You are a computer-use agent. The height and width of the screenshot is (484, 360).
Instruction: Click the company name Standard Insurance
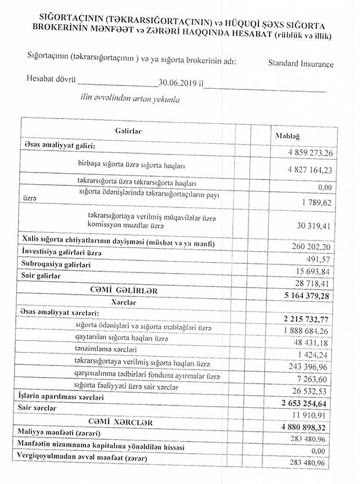301,63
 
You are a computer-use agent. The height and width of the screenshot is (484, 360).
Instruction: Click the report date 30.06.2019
178,83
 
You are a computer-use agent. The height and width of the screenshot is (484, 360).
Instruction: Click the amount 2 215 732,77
304,319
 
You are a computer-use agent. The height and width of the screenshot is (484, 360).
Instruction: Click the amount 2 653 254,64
304,404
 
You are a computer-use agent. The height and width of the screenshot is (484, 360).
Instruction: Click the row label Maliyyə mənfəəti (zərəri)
63,433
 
